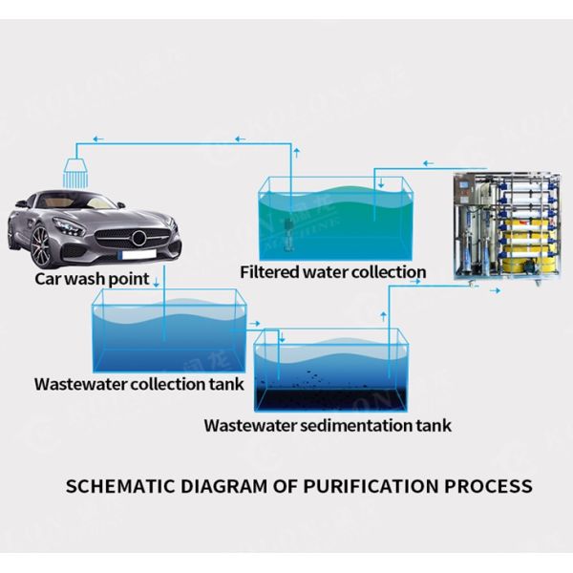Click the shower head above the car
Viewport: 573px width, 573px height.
point(74,172)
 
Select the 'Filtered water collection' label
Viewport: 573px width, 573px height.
point(332,272)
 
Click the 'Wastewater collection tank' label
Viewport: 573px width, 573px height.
point(139,385)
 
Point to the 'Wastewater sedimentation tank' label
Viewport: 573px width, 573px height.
point(328,425)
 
